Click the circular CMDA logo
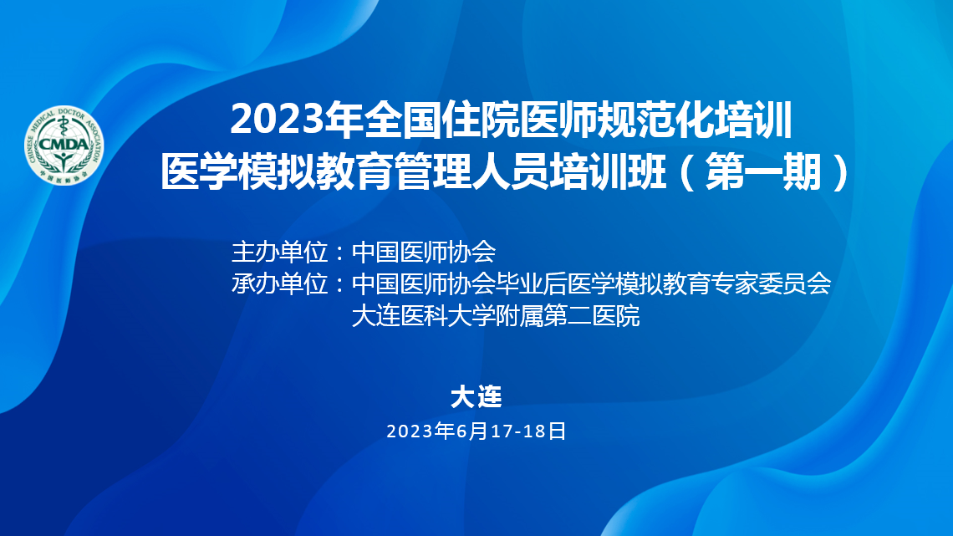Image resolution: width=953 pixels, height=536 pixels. coord(64,145)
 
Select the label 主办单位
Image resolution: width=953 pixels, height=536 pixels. coord(279,252)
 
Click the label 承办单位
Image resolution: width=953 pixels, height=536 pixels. coord(279,283)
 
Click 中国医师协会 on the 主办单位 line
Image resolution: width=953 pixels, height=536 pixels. coord(424,252)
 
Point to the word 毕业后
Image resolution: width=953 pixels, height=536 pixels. coord(532,283)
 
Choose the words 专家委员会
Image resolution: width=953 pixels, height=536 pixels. coord(772,283)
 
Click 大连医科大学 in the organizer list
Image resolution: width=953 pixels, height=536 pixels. coord(424,316)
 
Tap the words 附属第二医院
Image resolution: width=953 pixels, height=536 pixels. coord(568,316)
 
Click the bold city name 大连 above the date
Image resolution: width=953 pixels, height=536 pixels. coord(476,397)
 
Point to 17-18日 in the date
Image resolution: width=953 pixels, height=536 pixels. coord(528,431)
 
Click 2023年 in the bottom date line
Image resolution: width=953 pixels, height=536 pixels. coord(420,431)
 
